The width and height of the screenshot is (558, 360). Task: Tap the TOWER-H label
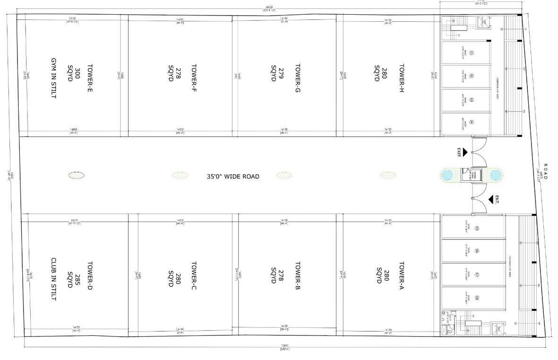[401, 74]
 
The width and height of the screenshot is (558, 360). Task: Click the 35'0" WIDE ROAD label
[233, 176]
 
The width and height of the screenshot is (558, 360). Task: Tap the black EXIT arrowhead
[465, 152]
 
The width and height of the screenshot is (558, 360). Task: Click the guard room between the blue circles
[471, 175]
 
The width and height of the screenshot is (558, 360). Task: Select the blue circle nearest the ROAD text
[495, 175]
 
